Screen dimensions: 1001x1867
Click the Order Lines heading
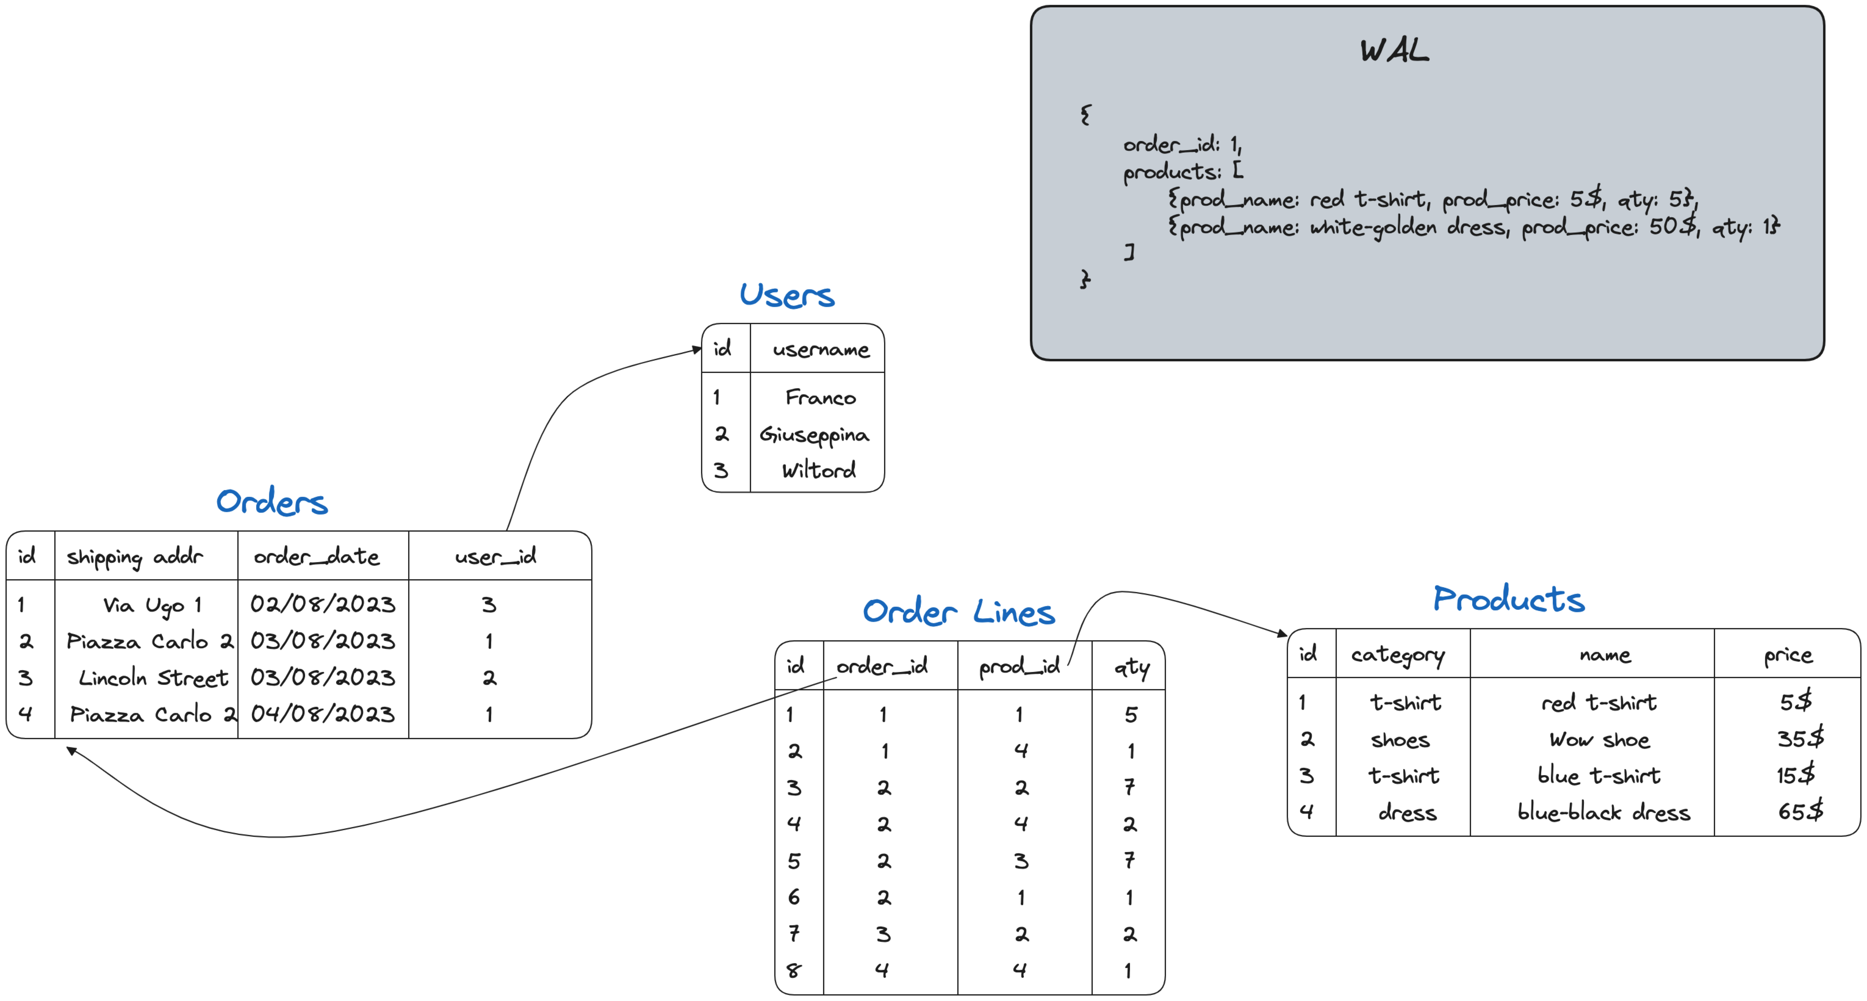coord(958,613)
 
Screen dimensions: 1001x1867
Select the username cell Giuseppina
coord(814,434)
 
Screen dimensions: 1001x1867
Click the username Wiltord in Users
coord(818,470)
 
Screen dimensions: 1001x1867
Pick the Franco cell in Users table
coord(820,397)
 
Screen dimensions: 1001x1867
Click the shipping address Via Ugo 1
coord(152,605)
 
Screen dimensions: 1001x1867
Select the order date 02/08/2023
coord(322,604)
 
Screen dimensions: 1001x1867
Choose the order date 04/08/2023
coord(322,714)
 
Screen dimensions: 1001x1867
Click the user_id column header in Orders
coord(496,557)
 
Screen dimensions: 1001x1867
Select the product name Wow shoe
coord(1599,739)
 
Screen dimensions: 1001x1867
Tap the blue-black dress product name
coord(1603,812)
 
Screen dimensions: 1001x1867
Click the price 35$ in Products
coord(1800,739)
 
